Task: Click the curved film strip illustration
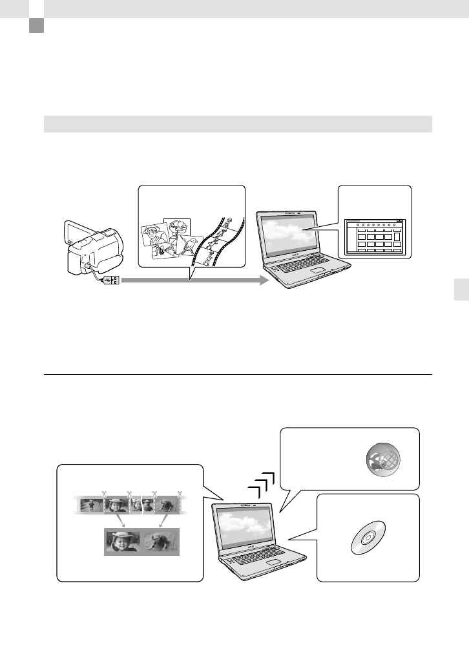(220, 242)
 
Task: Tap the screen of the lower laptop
(249, 524)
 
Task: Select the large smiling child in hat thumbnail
(121, 542)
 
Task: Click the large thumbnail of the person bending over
(159, 542)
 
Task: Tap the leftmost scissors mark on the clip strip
(103, 494)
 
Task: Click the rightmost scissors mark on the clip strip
(180, 494)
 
